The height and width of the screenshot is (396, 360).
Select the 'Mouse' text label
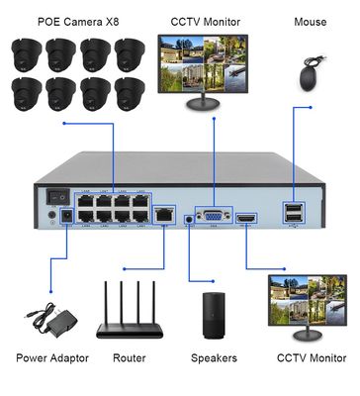310,21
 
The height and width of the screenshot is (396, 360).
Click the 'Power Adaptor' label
51,357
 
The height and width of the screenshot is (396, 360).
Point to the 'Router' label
130,357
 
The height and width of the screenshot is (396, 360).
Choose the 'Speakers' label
214,357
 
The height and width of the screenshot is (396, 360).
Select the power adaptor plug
46,316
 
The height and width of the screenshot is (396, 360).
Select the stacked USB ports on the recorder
294,211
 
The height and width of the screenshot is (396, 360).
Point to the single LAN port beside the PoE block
163,213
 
